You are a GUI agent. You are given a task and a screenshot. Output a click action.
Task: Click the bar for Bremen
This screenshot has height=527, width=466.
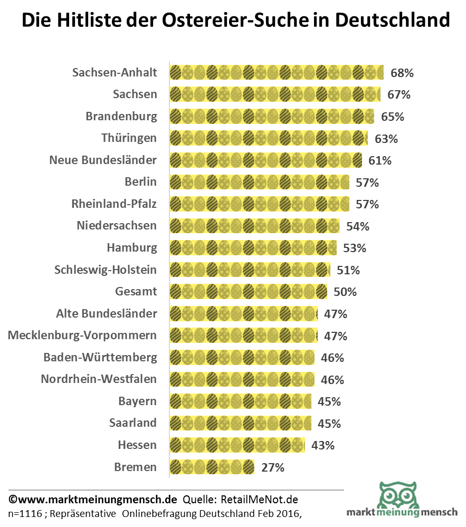212,467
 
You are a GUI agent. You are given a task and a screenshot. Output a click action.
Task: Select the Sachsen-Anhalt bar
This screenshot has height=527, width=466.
276,72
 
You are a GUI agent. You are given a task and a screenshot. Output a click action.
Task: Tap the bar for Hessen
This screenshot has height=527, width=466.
237,445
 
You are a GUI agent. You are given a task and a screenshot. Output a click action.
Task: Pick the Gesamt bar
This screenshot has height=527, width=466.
248,292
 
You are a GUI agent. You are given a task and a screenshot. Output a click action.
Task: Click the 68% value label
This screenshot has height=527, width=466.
402,73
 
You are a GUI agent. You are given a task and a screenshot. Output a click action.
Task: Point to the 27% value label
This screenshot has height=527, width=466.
273,467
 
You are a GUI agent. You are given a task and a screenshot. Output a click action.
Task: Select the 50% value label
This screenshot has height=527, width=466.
345,292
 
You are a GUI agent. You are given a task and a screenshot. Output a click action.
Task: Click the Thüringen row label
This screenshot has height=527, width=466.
129,138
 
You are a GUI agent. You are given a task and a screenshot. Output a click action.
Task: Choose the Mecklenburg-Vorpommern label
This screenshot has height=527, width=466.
82,336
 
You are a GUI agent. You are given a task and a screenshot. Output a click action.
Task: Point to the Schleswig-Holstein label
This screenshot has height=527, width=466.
106,270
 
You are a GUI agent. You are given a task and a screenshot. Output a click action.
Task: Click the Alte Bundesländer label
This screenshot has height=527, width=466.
107,313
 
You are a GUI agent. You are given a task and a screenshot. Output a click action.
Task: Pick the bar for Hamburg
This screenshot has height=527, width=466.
253,247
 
